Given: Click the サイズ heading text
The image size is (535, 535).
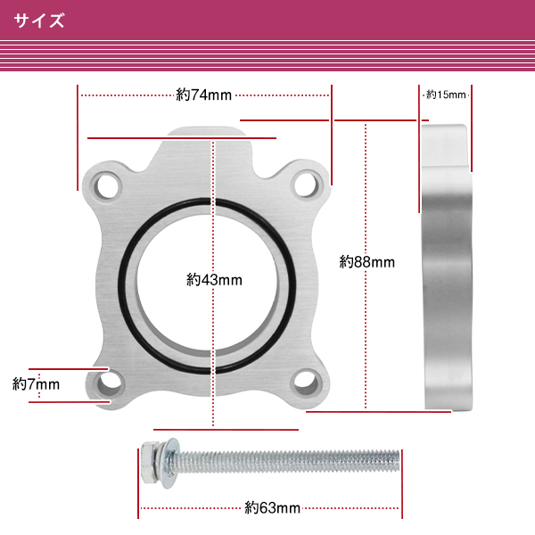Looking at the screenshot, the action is pyautogui.click(x=39, y=21).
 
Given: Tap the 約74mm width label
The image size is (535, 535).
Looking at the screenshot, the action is pyautogui.click(x=203, y=95).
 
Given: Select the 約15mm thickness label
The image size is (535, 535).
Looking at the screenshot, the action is pyautogui.click(x=446, y=95).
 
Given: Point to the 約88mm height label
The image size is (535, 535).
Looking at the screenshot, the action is pyautogui.click(x=367, y=262).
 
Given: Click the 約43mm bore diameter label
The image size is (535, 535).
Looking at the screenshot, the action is pyautogui.click(x=214, y=280).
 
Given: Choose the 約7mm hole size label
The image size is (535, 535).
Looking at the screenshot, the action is pyautogui.click(x=36, y=384).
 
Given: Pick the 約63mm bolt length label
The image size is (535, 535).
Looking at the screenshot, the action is pyautogui.click(x=272, y=508).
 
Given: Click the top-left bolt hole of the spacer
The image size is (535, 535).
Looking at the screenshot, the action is pyautogui.click(x=108, y=186).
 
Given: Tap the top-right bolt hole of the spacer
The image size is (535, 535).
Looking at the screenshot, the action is pyautogui.click(x=306, y=185).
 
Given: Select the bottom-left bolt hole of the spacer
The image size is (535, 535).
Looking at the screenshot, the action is pyautogui.click(x=109, y=383).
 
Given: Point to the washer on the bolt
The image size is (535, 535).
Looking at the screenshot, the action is pyautogui.click(x=169, y=463).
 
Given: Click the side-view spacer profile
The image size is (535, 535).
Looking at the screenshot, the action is pyautogui.click(x=447, y=267).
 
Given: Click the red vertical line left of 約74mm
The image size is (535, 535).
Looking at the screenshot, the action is pyautogui.click(x=78, y=137).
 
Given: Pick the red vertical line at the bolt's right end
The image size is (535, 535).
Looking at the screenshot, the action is pyautogui.click(x=402, y=484).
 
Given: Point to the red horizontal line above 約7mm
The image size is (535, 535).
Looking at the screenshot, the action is pyautogui.click(x=69, y=369).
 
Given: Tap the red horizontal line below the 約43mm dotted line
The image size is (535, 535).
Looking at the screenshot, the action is pyautogui.click(x=226, y=430).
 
